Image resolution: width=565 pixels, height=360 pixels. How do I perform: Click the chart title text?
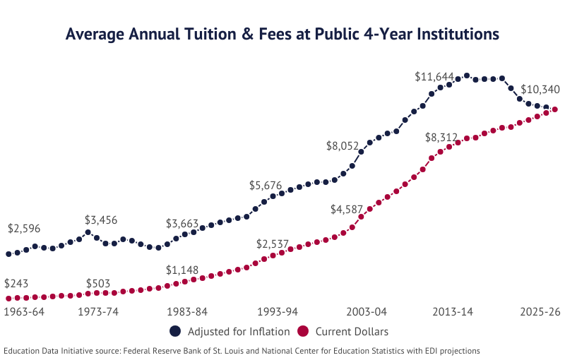pos(282,34)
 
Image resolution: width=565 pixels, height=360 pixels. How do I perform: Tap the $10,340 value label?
pos(540,90)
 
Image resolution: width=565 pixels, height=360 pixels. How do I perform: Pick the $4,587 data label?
pos(347,209)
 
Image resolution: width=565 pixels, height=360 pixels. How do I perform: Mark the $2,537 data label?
pos(273,244)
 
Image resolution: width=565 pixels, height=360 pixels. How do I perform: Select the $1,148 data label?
pos(182,270)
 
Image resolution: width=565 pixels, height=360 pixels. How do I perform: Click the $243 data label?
pos(16,284)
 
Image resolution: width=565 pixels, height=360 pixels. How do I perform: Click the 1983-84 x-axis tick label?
pos(182,311)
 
